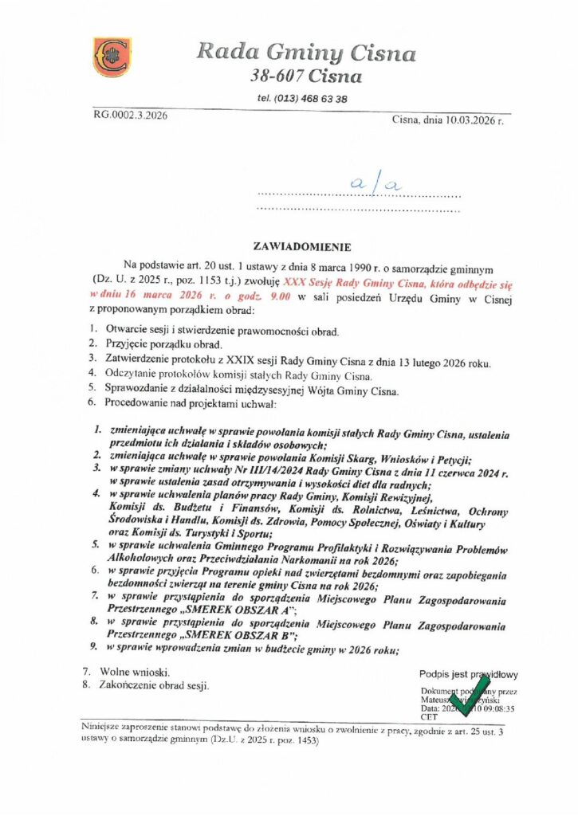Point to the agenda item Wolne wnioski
pyautogui.click(x=134, y=673)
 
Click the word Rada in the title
pyautogui.click(x=224, y=53)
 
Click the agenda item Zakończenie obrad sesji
pyautogui.click(x=155, y=685)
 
